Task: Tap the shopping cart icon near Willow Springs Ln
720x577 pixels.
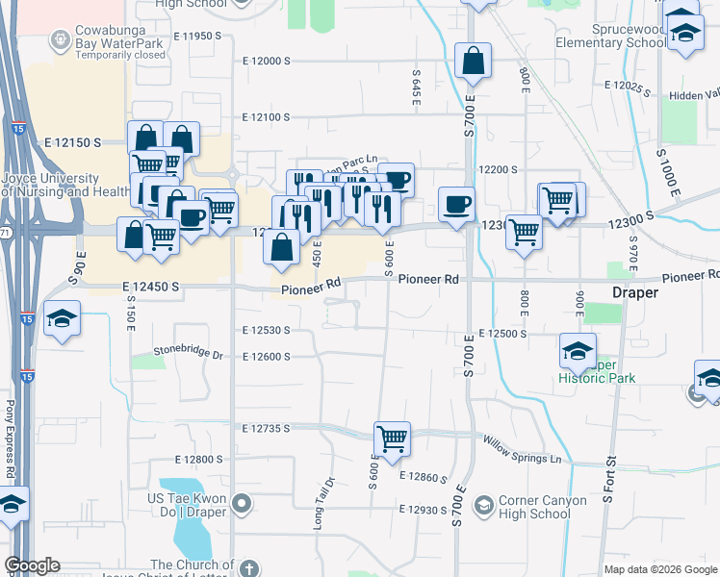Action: pyautogui.click(x=392, y=439)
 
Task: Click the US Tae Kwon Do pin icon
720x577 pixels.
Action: pyautogui.click(x=242, y=503)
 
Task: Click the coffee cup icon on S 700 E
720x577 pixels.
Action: pyautogui.click(x=456, y=204)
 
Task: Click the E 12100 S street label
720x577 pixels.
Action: pyautogui.click(x=260, y=117)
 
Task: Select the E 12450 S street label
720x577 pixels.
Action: pyautogui.click(x=154, y=287)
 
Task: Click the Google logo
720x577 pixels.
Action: pyautogui.click(x=33, y=565)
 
